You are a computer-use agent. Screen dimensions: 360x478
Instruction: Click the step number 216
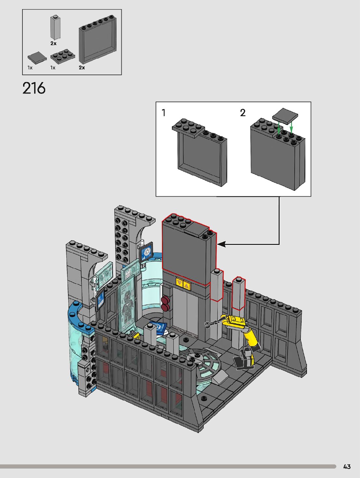point(34,88)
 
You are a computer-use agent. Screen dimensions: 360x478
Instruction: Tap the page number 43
point(347,467)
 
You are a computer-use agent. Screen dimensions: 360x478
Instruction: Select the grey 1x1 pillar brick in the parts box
point(55,27)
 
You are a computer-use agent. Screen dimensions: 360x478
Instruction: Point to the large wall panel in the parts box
point(98,39)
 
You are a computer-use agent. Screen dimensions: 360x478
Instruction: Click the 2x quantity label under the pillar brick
point(53,43)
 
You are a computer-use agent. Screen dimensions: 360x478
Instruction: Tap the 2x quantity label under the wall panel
point(82,67)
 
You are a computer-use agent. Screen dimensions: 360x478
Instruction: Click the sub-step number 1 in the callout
point(164,113)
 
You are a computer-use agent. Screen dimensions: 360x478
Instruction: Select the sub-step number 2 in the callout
point(243,113)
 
